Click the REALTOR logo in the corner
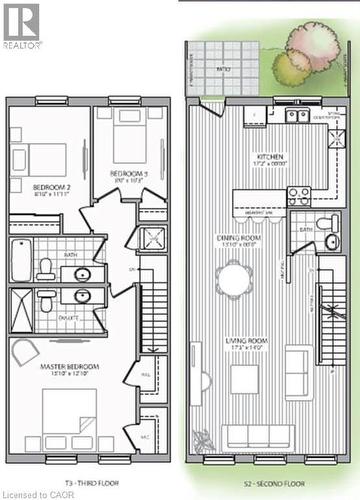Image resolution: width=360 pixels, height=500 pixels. click(x=22, y=26)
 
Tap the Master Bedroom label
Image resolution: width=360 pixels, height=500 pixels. click(x=67, y=366)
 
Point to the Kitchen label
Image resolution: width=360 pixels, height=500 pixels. click(x=271, y=157)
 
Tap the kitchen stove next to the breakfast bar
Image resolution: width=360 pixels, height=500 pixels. click(x=299, y=196)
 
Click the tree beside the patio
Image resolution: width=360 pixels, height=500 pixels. click(x=308, y=49)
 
